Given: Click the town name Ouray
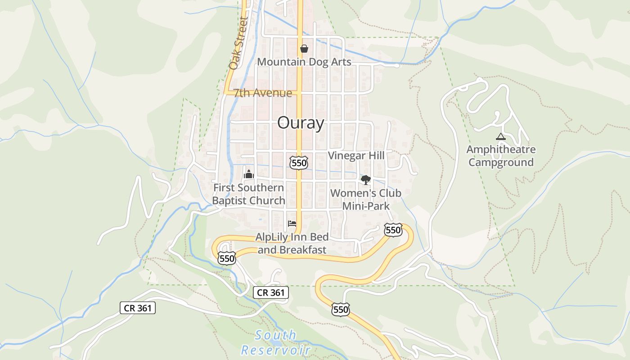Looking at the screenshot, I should (x=301, y=123).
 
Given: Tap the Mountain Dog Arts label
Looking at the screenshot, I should (x=304, y=62).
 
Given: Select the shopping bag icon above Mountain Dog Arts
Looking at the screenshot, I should (x=304, y=49).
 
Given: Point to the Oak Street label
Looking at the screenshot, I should (x=238, y=43).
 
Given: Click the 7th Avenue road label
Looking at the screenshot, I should (x=263, y=93).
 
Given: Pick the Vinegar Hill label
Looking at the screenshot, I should (x=356, y=155).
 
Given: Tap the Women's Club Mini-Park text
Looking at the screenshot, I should (x=366, y=199).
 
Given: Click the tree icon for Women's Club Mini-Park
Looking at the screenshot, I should (x=366, y=180).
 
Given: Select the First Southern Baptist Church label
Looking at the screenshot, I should (x=248, y=194).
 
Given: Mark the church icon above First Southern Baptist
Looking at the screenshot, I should (x=248, y=174).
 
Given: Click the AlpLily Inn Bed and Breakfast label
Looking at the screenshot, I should (x=292, y=243).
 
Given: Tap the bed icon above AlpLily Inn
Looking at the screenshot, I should (x=292, y=223).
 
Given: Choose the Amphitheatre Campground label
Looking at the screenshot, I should (x=501, y=156).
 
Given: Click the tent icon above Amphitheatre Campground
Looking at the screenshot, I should (x=500, y=136).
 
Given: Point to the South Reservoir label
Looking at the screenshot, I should (x=276, y=342).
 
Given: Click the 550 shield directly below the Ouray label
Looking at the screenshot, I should (x=299, y=162).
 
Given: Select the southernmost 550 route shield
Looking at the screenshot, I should (x=341, y=309).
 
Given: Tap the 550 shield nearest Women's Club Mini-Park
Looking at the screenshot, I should (x=393, y=230).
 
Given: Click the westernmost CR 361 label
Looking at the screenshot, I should (x=138, y=308).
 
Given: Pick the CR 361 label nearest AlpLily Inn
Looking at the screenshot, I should (x=270, y=292).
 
